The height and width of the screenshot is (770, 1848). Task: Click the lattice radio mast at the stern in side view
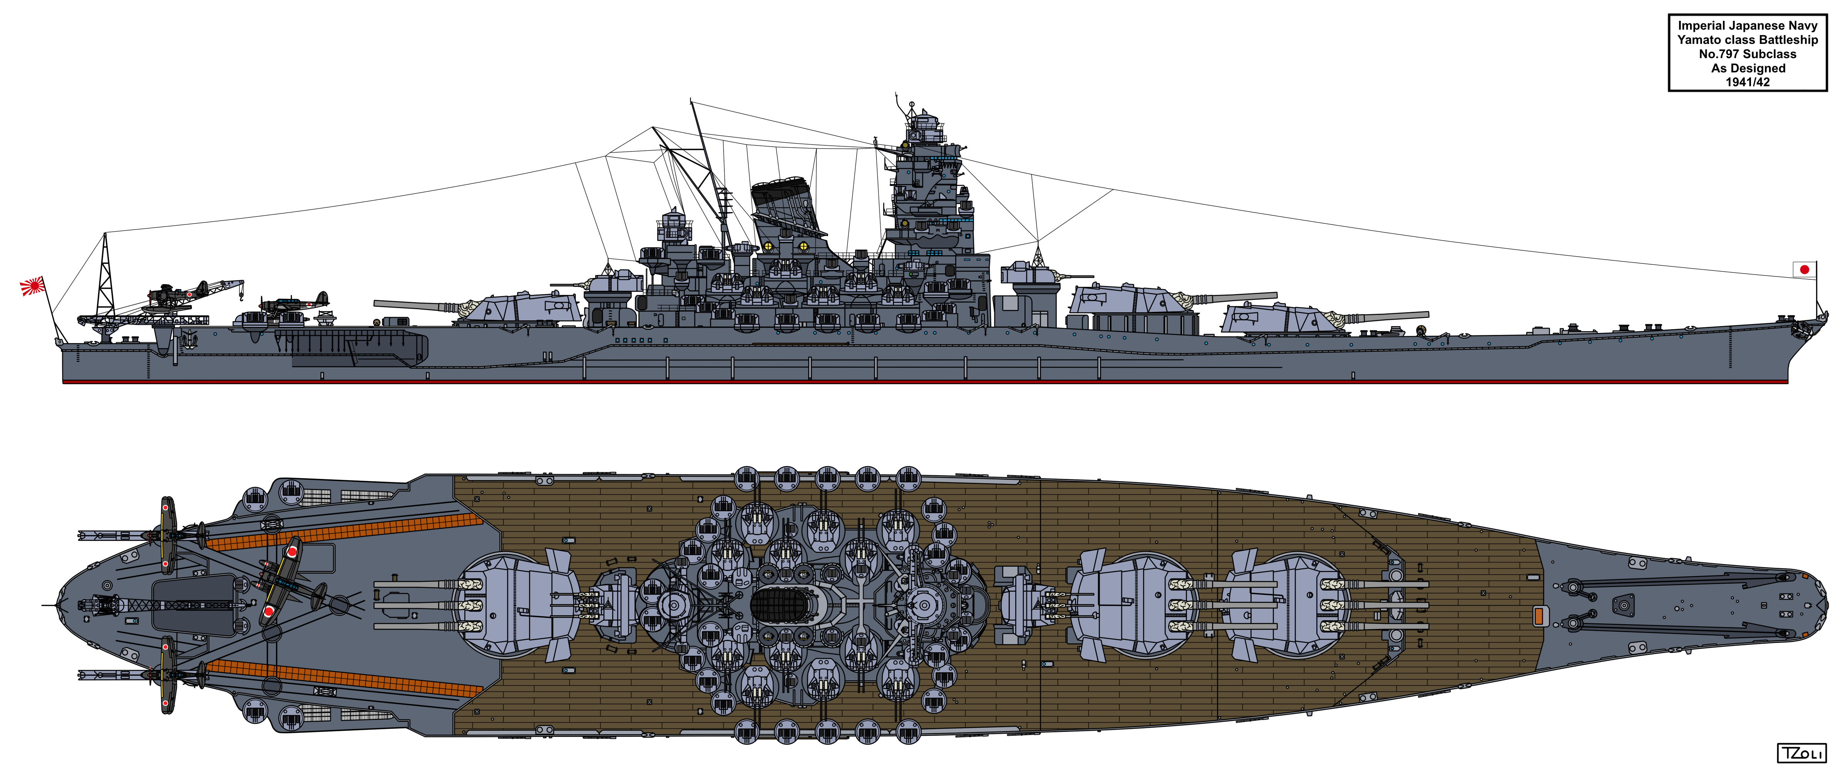[x=105, y=276]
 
